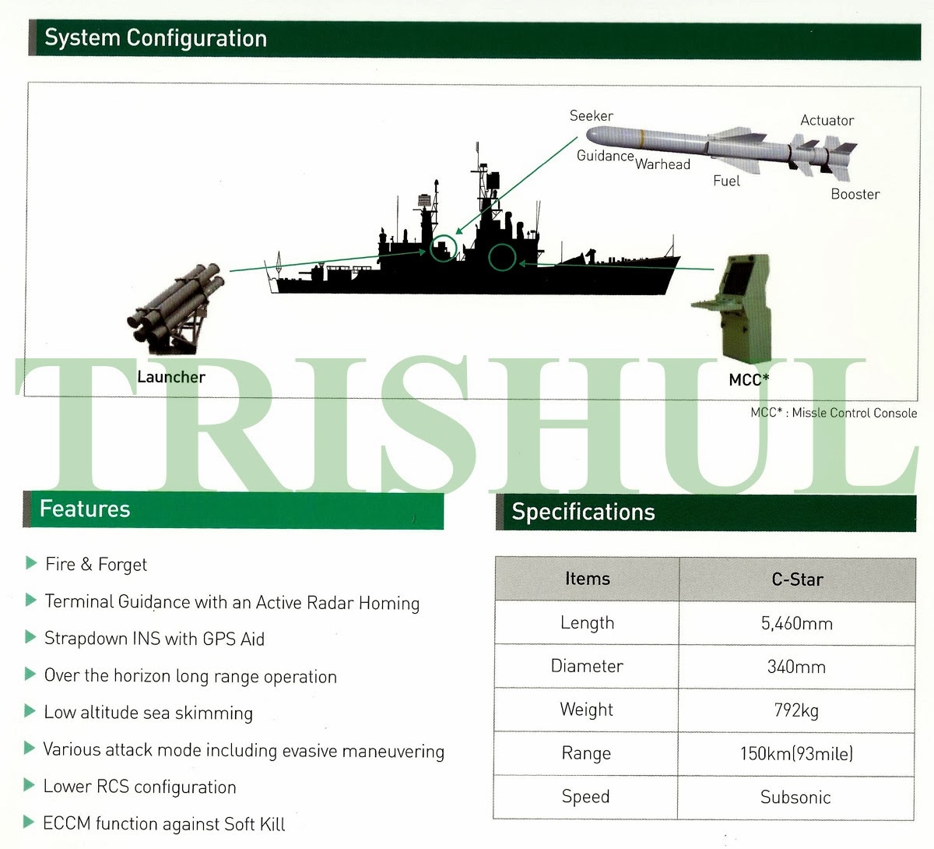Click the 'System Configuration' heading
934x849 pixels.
156,38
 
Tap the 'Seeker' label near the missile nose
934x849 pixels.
591,116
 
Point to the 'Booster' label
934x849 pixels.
855,194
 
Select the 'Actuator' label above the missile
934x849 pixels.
827,121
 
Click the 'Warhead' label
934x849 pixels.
662,164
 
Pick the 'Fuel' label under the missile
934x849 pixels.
726,181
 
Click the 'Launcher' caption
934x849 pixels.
171,377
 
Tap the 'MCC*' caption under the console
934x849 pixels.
749,380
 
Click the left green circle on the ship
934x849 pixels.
444,248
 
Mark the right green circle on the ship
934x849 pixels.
502,257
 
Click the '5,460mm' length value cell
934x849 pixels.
797,623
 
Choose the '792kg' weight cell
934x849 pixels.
797,710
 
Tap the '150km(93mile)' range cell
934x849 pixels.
797,753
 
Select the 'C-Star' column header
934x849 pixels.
797,580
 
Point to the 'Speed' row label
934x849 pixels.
586,797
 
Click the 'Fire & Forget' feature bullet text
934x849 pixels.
97,565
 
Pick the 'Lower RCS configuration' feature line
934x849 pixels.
140,787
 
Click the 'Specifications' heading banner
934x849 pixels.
584,513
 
